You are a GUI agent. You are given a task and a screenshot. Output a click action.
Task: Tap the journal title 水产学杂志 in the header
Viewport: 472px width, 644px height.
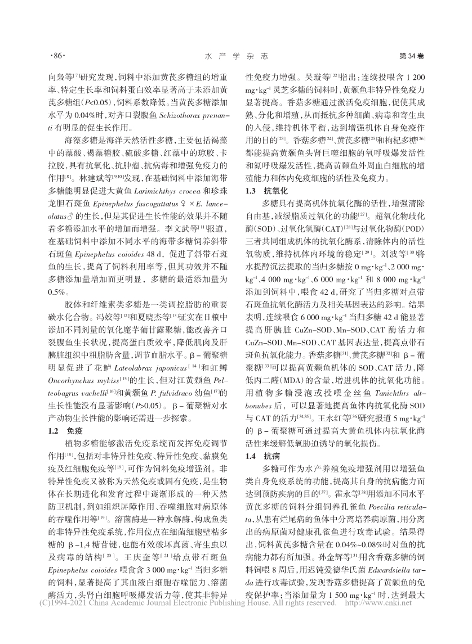click(235, 56)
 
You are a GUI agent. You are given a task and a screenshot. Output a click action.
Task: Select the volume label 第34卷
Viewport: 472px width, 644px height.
click(411, 56)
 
